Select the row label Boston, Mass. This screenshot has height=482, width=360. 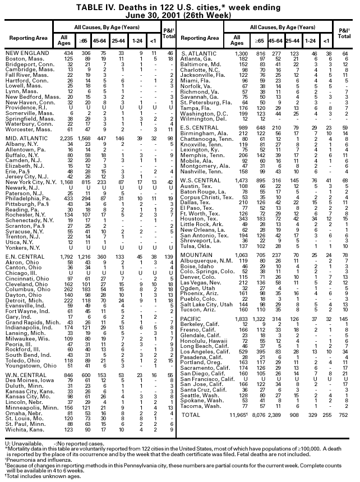pyautogui.click(x=23, y=58)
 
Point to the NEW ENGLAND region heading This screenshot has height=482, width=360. pyautogui.click(x=25, y=53)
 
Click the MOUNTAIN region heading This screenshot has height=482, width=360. pyautogui.click(x=196, y=255)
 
